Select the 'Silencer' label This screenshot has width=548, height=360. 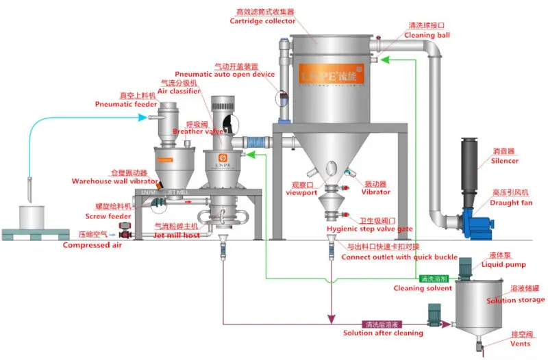pyautogui.click(x=505, y=161)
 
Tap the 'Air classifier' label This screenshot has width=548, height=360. pyautogui.click(x=179, y=90)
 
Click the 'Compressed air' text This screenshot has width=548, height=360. pyautogui.click(x=92, y=245)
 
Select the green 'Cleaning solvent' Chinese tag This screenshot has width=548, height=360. pyautogui.click(x=433, y=279)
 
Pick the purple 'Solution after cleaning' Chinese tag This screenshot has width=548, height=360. pyautogui.click(x=382, y=324)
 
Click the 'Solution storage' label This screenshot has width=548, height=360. pyautogui.click(x=516, y=300)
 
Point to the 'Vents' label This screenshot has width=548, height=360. pyautogui.click(x=520, y=344)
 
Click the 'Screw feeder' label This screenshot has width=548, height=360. pyautogui.click(x=109, y=215)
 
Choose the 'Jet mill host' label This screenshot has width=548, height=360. pyautogui.click(x=176, y=235)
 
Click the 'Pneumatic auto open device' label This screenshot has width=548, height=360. pyautogui.click(x=225, y=74)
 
